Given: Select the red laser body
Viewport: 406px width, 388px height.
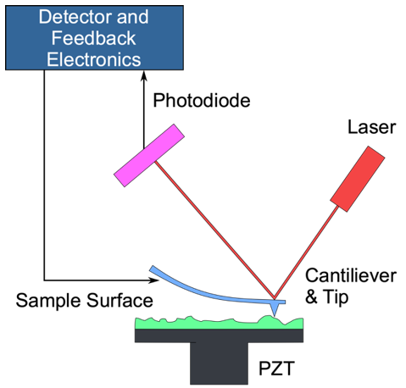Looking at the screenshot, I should tap(358, 178).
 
